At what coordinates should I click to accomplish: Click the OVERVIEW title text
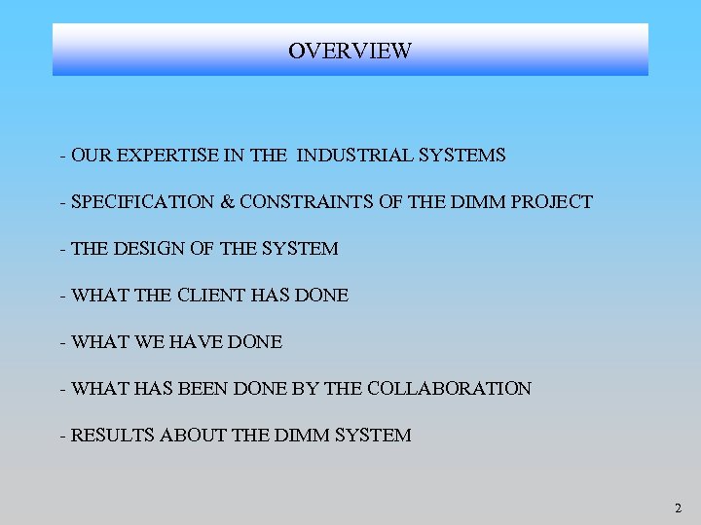[x=350, y=51]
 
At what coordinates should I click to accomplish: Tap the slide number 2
[x=678, y=507]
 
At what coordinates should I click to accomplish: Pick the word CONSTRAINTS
[x=303, y=202]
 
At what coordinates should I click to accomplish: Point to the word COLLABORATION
[x=448, y=389]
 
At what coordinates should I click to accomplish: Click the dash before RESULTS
[x=62, y=436]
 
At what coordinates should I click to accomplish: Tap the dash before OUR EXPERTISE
[x=62, y=156]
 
